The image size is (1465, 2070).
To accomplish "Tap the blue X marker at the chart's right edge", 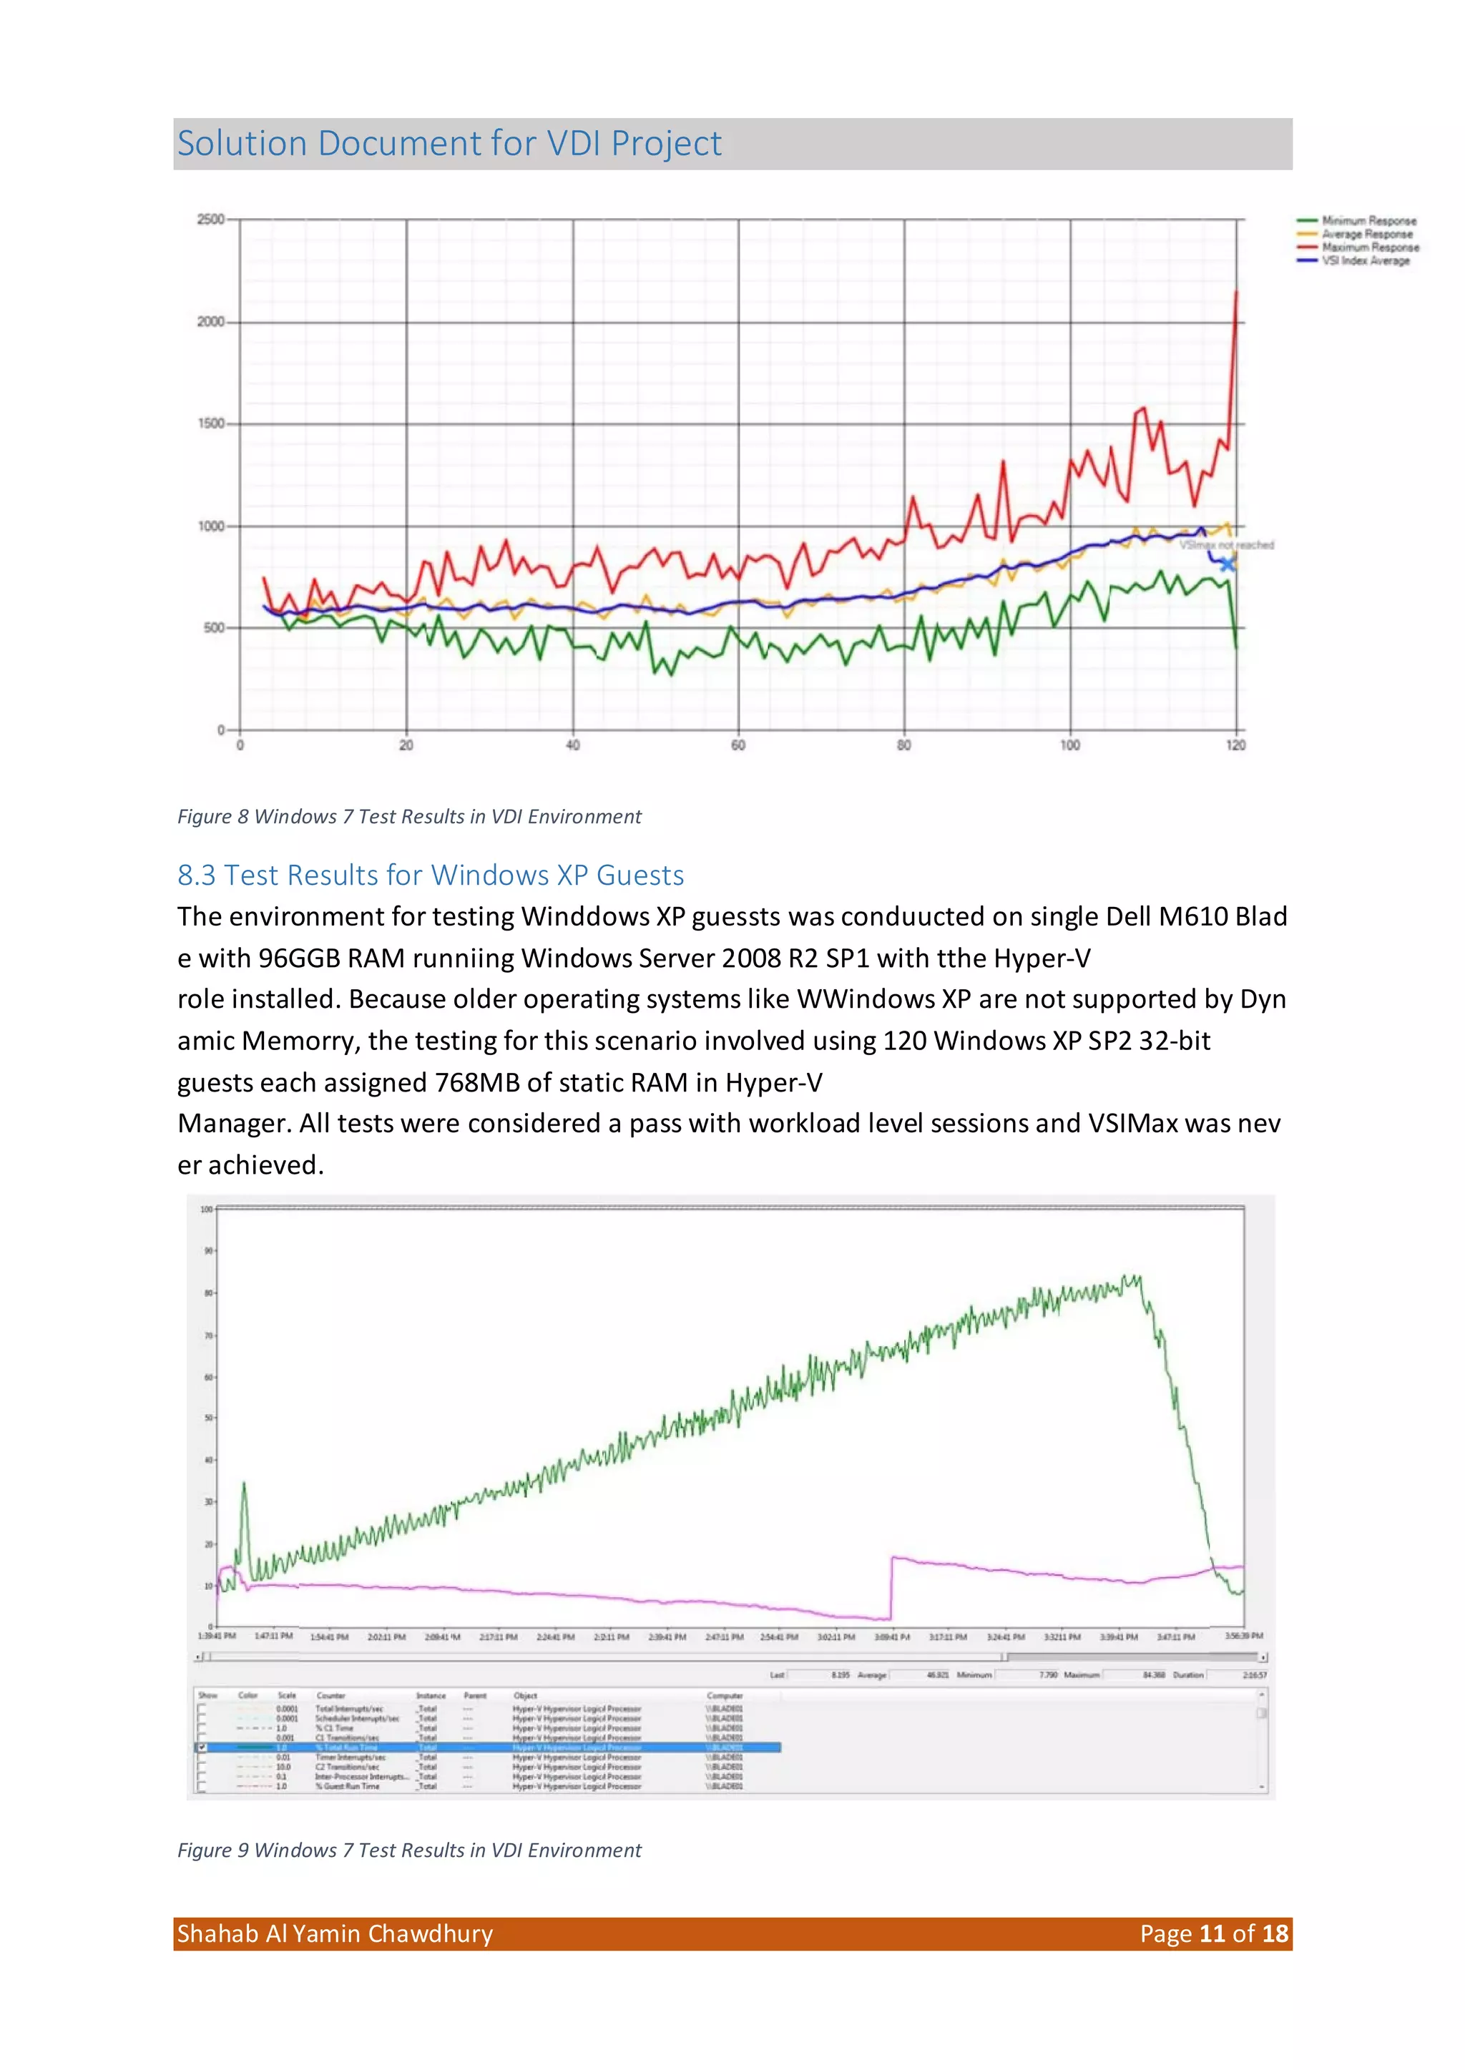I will click(1227, 564).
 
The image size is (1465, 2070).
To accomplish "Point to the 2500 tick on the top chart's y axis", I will click(211, 219).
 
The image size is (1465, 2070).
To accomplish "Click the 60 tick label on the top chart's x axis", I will click(738, 745).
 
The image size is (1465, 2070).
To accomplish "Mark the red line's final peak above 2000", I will click(1236, 293).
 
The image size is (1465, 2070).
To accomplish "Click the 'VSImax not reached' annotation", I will click(1226, 545).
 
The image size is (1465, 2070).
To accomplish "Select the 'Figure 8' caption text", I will click(408, 816).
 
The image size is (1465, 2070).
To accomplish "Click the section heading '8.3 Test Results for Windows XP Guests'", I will click(431, 875).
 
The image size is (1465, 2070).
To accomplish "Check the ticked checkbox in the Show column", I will click(202, 1747).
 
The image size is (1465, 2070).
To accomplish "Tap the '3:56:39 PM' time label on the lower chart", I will click(1243, 1636).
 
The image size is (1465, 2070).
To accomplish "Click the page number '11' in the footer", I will click(1212, 1934).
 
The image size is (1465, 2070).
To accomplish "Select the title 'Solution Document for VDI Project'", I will click(449, 143).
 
